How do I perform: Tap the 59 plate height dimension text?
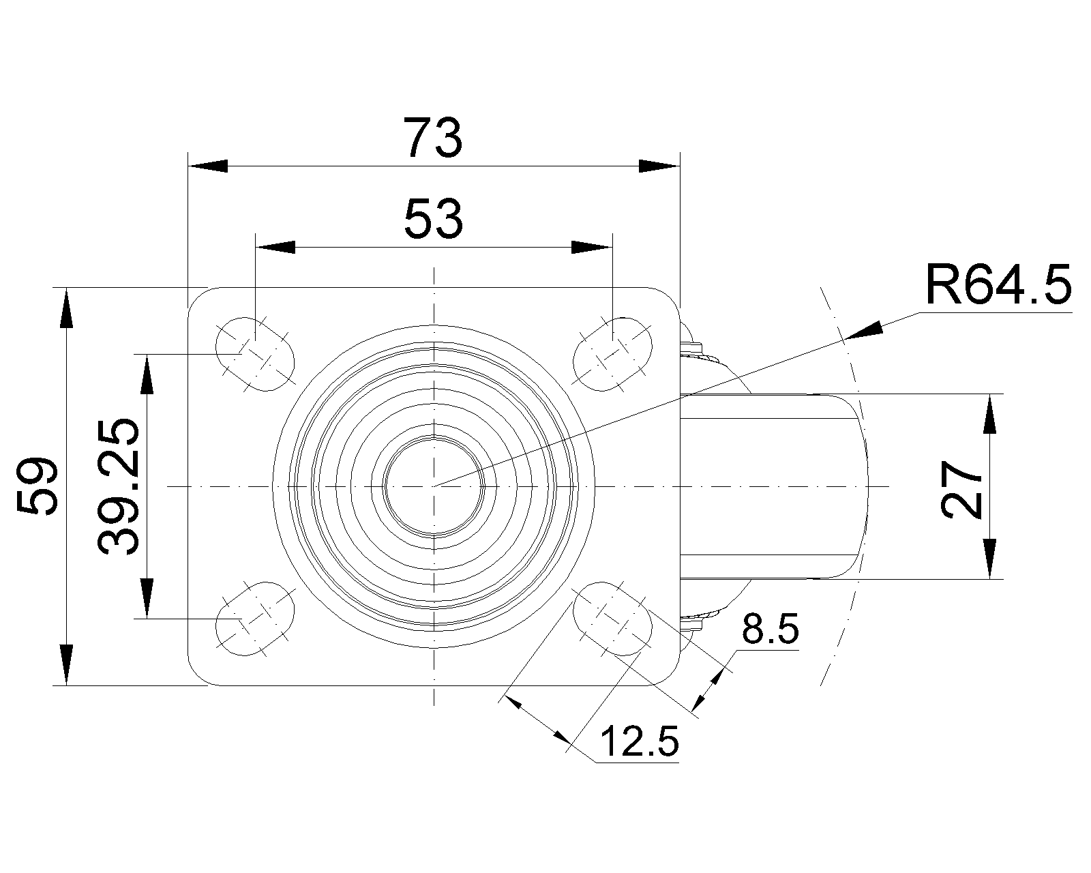pyautogui.click(x=37, y=486)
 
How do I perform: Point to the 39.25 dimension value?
pyautogui.click(x=119, y=486)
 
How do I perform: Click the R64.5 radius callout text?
pyautogui.click(x=998, y=285)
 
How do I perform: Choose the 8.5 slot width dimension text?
pyautogui.click(x=770, y=630)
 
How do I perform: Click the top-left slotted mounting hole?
pyautogui.click(x=255, y=354)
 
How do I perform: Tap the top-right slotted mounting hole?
pyautogui.click(x=613, y=354)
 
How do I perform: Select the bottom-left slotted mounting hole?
pyautogui.click(x=255, y=619)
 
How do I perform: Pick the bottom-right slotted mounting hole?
pyautogui.click(x=613, y=619)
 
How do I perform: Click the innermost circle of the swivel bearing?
pyautogui.click(x=434, y=486)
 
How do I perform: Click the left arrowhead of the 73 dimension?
pyautogui.click(x=207, y=166)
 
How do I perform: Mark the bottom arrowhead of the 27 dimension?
pyautogui.click(x=990, y=559)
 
